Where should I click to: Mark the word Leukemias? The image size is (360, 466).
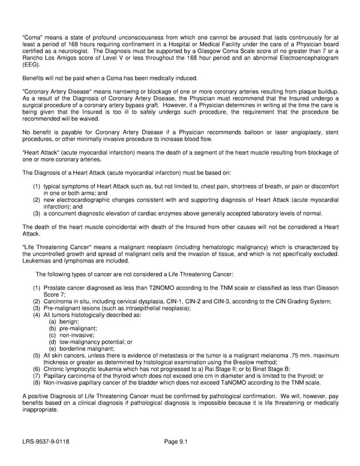(37, 261)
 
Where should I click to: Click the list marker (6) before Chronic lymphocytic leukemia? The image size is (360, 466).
(37, 369)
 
